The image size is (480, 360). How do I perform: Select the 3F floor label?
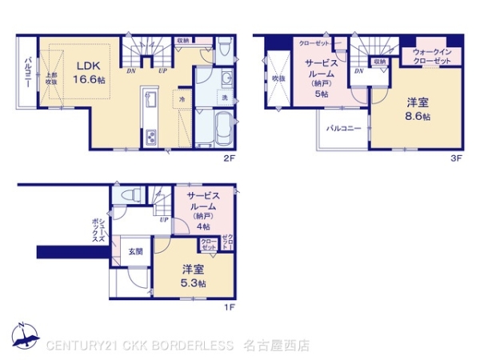(x=454, y=158)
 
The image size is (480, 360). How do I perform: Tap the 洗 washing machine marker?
(x=224, y=98)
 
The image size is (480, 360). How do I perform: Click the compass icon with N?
(x=24, y=336)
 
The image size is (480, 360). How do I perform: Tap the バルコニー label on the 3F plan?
(x=343, y=128)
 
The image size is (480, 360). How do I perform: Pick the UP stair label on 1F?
(x=163, y=219)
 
